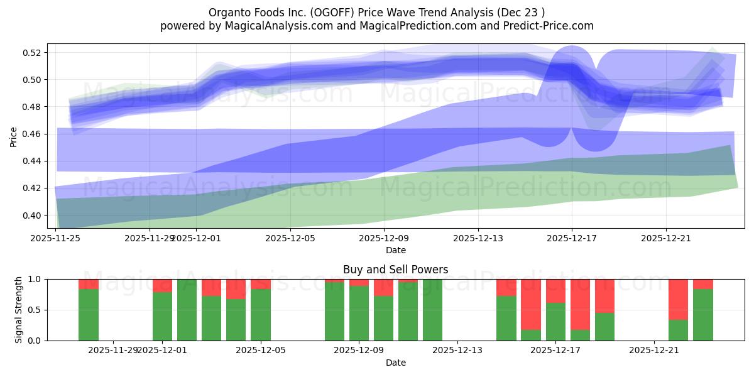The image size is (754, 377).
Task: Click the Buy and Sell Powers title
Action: click(395, 270)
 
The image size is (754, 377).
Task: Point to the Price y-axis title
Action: click(14, 136)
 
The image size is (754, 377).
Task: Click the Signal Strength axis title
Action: click(19, 309)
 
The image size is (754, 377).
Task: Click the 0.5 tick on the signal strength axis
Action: click(36, 310)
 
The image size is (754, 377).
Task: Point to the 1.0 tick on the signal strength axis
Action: click(36, 279)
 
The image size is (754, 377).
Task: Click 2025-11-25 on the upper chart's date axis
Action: click(56, 238)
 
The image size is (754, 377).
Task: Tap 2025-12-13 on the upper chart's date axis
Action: click(478, 238)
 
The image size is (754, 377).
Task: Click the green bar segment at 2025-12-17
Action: click(555, 322)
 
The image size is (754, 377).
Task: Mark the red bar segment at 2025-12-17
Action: click(555, 291)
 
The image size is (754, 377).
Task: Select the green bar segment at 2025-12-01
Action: click(163, 316)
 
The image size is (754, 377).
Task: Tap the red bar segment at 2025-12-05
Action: click(261, 284)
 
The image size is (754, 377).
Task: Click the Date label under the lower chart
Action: click(395, 363)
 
